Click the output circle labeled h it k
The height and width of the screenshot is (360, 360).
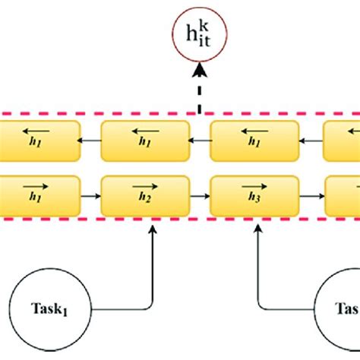pyautogui.click(x=199, y=35)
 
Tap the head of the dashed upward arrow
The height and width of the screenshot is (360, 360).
pyautogui.click(x=199, y=71)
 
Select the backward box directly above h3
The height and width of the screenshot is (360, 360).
pyautogui.click(x=254, y=141)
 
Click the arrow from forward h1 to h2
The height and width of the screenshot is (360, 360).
pyautogui.click(x=91, y=195)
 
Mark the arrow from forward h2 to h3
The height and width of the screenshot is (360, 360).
pyautogui.click(x=200, y=195)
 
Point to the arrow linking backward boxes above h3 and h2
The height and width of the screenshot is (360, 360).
pyautogui.click(x=200, y=141)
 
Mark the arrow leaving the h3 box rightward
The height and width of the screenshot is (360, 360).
pyautogui.click(x=310, y=195)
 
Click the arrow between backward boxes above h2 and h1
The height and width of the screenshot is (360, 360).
pyautogui.click(x=91, y=141)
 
